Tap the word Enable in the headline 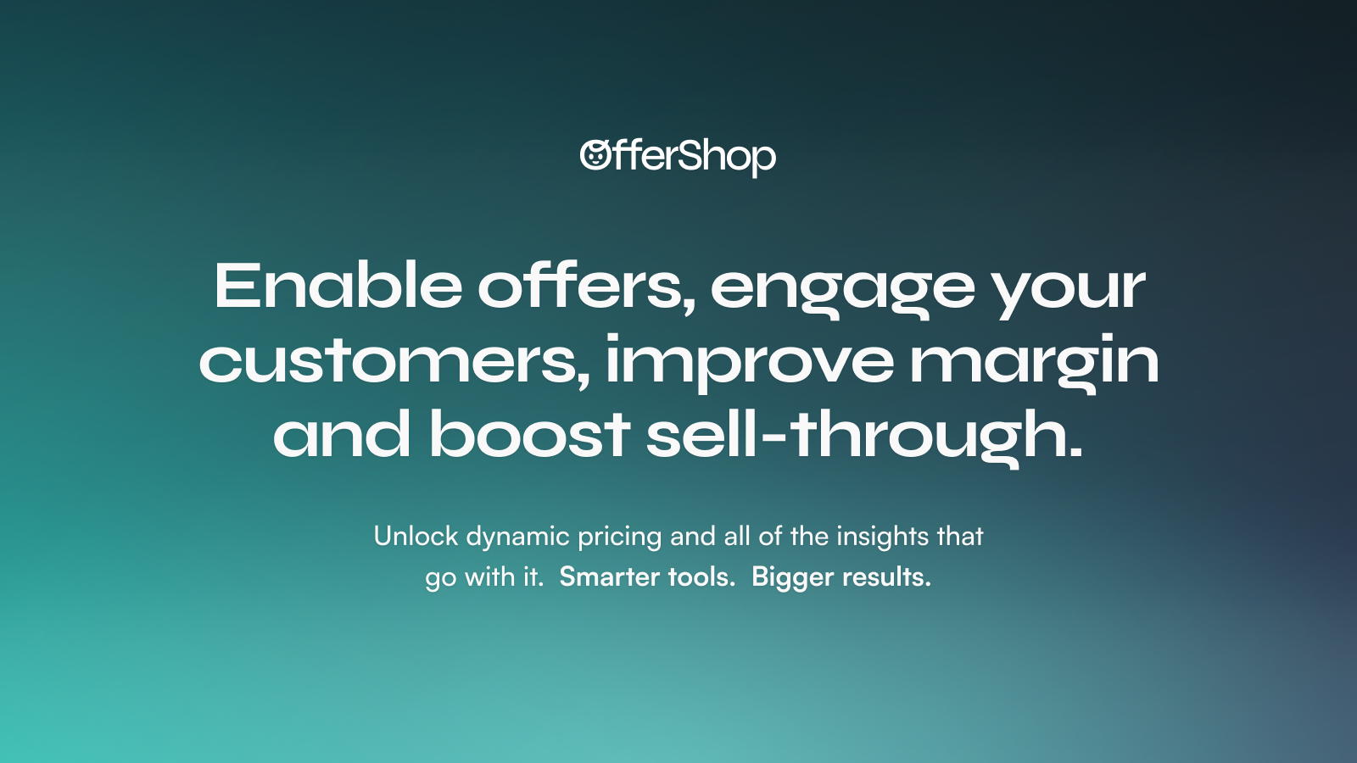point(338,285)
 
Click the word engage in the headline point(843,292)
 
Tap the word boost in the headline point(530,433)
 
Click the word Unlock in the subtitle point(416,537)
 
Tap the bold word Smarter point(610,577)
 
